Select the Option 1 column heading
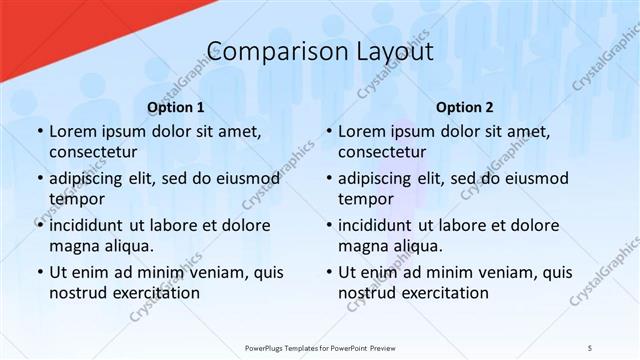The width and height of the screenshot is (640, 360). (176, 107)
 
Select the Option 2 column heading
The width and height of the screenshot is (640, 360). (465, 107)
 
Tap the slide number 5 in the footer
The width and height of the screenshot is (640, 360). (590, 347)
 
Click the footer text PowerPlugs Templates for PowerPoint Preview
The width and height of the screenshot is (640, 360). (320, 347)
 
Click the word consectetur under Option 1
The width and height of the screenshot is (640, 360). (93, 152)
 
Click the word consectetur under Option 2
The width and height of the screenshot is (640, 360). (382, 152)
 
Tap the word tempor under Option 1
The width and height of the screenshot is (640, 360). (75, 199)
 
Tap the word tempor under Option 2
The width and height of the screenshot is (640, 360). (364, 199)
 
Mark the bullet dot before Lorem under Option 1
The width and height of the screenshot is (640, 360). (38, 132)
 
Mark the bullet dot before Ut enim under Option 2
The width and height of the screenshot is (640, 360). (327, 273)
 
